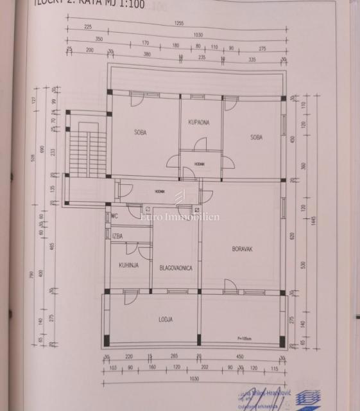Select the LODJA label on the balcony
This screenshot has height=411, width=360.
(x=167, y=318)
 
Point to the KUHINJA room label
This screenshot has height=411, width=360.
(x=128, y=264)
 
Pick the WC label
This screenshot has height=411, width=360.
(x=115, y=216)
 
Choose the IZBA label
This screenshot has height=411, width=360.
(x=117, y=237)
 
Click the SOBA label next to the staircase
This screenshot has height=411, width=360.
(x=140, y=133)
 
